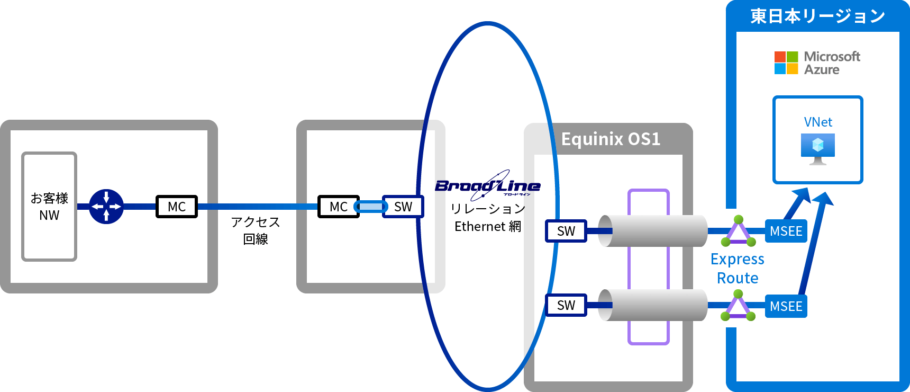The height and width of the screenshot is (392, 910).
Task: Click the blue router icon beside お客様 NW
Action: [x=106, y=207]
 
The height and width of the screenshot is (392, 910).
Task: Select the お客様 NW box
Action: [x=49, y=207]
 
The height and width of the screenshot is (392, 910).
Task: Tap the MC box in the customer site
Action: [x=177, y=207]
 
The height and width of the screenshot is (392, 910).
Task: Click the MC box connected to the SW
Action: [x=339, y=207]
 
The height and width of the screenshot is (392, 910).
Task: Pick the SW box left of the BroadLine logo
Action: [x=403, y=207]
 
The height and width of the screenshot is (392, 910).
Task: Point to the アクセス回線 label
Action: [x=256, y=230]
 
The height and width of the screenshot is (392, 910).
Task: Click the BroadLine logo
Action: [x=487, y=185]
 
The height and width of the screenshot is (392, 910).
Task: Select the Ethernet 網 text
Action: [x=487, y=227]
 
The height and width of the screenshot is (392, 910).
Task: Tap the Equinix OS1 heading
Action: [x=611, y=139]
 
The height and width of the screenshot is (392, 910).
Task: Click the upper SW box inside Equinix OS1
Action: [x=566, y=231]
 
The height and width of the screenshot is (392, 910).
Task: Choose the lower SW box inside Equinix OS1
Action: [x=566, y=305]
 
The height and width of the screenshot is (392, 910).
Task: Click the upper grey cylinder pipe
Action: [x=653, y=231]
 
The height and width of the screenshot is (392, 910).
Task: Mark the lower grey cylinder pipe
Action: [x=653, y=305]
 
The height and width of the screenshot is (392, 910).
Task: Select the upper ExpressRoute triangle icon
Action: [x=739, y=232]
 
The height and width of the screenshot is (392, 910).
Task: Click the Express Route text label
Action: [x=738, y=269]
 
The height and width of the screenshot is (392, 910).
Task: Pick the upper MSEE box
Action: [x=786, y=231]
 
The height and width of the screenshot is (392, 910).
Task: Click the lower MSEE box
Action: [x=786, y=306]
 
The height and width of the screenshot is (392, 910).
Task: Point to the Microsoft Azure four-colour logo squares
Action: [x=786, y=63]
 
